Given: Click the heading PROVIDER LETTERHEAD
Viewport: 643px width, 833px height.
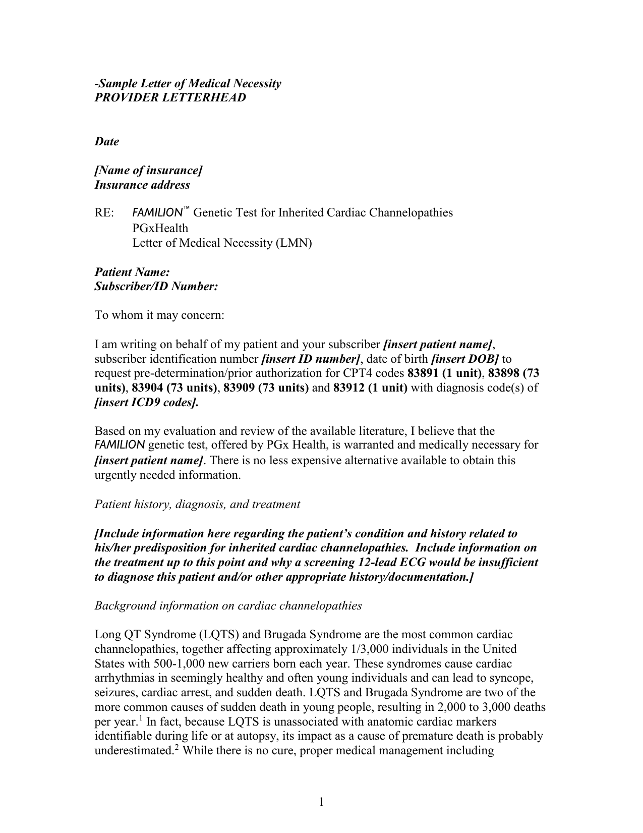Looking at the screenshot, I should click(x=170, y=98).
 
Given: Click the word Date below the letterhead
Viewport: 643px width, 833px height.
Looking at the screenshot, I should click(x=107, y=142).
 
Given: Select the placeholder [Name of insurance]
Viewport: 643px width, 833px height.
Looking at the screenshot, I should click(x=148, y=171).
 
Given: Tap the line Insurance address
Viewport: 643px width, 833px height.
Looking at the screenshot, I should click(x=142, y=185).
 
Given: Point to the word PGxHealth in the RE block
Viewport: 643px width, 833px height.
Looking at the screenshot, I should click(x=160, y=228).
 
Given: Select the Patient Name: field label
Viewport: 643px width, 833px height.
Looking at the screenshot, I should click(x=132, y=272).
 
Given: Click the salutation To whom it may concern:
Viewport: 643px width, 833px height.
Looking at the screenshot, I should click(x=159, y=316).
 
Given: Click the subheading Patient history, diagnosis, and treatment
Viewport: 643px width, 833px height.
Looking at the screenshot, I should click(x=197, y=505).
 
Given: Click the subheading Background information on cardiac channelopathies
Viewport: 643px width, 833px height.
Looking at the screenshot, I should click(x=228, y=606).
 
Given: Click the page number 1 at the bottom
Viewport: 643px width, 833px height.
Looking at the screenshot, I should click(x=321, y=802).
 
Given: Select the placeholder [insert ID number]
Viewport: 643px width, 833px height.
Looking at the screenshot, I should click(x=311, y=359).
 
